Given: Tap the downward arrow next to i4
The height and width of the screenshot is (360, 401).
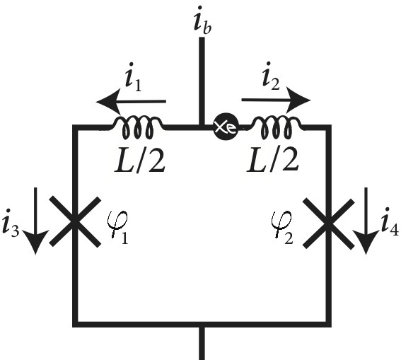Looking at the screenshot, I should coord(366,219).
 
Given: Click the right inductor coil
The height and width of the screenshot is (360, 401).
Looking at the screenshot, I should coord(279,127).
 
